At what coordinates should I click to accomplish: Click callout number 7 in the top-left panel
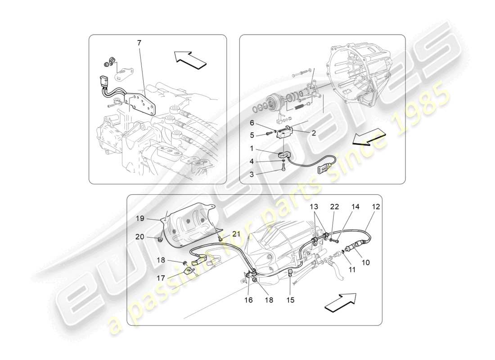pyautogui.click(x=139, y=43)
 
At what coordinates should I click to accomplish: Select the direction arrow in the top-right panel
pyautogui.click(x=369, y=137)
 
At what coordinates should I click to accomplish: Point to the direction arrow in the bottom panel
pyautogui.click(x=340, y=302)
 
